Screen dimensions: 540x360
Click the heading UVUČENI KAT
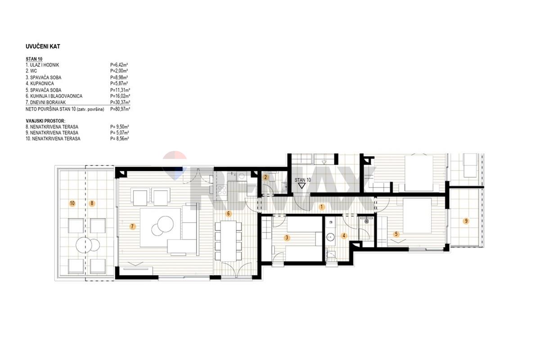(43, 46)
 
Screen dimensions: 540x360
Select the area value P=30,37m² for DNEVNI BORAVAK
(120, 102)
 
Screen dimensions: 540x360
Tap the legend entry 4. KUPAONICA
(40, 83)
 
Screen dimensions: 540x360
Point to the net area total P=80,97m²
(120, 109)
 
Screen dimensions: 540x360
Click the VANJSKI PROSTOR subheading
(45, 121)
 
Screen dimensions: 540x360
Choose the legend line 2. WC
(31, 71)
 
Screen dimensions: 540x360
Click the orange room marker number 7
(132, 226)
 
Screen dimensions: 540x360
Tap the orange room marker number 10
(72, 203)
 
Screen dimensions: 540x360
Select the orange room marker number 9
(466, 221)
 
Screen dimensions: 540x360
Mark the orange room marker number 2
(265, 177)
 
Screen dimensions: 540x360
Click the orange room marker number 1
(321, 207)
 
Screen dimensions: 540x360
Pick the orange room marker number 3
(287, 238)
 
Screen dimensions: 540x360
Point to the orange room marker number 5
(396, 234)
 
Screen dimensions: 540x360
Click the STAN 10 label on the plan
(302, 180)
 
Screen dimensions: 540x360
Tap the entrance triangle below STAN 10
(302, 186)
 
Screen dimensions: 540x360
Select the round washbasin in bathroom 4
(330, 237)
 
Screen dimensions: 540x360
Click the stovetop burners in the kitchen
(221, 190)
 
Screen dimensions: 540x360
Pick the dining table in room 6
(228, 241)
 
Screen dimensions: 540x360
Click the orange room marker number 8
(92, 203)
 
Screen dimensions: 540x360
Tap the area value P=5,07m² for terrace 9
(120, 133)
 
